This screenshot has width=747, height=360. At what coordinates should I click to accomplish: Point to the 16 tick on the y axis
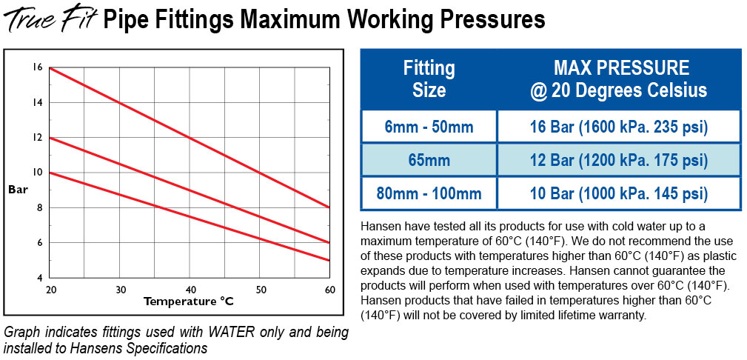[37, 67]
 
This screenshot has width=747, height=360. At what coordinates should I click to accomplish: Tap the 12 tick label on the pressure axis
[37, 138]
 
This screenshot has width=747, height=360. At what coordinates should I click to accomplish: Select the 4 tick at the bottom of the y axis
[39, 277]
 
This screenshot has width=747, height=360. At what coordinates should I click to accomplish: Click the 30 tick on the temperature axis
[120, 288]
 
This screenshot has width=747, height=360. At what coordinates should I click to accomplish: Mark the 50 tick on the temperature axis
[260, 288]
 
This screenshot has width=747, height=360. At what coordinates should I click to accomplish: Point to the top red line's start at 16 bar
[50, 68]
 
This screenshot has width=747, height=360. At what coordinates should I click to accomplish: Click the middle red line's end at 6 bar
[329, 242]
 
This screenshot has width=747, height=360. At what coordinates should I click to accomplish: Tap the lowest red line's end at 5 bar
[329, 260]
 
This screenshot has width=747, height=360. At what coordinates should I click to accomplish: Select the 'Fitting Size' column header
[429, 80]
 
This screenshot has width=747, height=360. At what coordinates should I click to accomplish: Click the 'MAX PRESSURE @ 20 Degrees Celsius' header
[620, 80]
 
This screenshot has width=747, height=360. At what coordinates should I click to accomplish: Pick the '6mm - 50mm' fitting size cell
[429, 127]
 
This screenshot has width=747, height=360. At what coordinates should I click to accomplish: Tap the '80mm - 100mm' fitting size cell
[429, 194]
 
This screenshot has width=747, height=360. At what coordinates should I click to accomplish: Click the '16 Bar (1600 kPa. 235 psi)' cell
[620, 127]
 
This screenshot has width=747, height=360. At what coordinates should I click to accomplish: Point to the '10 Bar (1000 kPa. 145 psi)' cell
[620, 194]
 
